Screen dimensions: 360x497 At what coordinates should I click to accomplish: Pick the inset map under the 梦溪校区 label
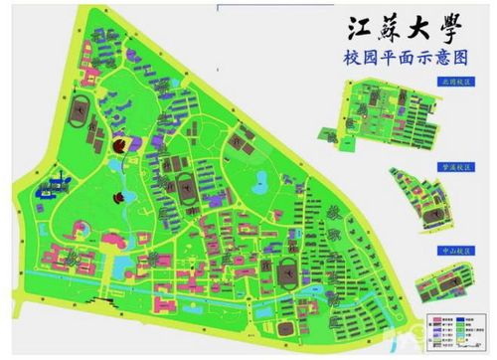tap(422, 203)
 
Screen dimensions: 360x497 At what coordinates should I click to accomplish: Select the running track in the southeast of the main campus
tap(285, 271)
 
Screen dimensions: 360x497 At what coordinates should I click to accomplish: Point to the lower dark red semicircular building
tap(119, 196)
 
